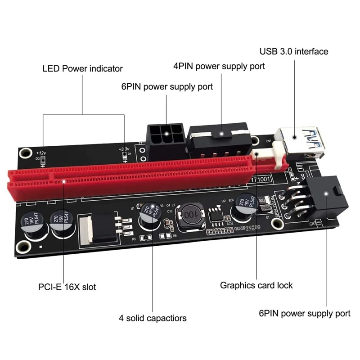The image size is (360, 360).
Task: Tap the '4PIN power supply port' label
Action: click(x=219, y=66)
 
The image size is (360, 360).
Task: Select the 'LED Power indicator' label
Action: click(x=82, y=69)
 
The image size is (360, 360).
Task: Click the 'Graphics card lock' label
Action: click(x=256, y=285)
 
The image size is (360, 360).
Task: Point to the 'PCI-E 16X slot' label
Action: click(x=67, y=286)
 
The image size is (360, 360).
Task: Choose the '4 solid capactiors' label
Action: click(x=153, y=318)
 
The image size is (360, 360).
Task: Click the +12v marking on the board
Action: click(x=42, y=153)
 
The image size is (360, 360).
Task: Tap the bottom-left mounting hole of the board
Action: click(x=21, y=247)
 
